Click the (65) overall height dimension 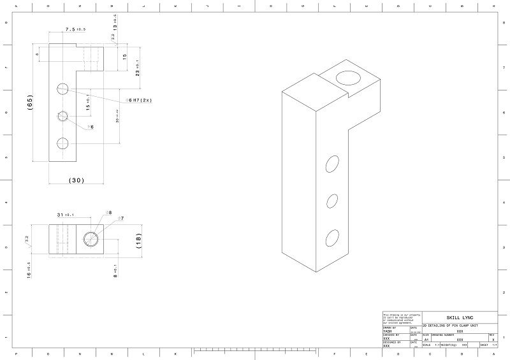(30, 103)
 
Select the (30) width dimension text (76, 180)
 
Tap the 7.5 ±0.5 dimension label (75, 29)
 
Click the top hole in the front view (62, 88)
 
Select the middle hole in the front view (62, 116)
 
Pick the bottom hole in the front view (62, 143)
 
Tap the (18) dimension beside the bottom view (139, 240)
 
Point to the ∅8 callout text (108, 212)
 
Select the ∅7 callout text (120, 219)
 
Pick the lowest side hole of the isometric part (332, 238)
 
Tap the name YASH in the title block (388, 331)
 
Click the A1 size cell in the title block (426, 340)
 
